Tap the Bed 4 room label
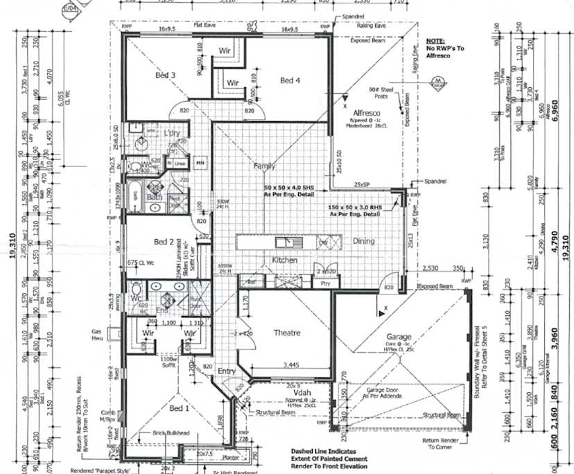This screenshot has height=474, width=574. coord(290,81)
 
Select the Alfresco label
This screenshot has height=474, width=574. coord(365,112)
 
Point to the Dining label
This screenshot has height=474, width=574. coord(364,241)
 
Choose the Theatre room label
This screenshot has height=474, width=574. coord(287,333)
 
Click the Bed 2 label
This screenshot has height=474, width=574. coord(164,242)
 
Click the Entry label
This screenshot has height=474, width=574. coord(227,371)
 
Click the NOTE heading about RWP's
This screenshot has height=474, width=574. coord(435,42)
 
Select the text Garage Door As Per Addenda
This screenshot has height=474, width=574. coord(386,394)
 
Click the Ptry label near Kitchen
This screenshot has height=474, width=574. coord(325,283)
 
